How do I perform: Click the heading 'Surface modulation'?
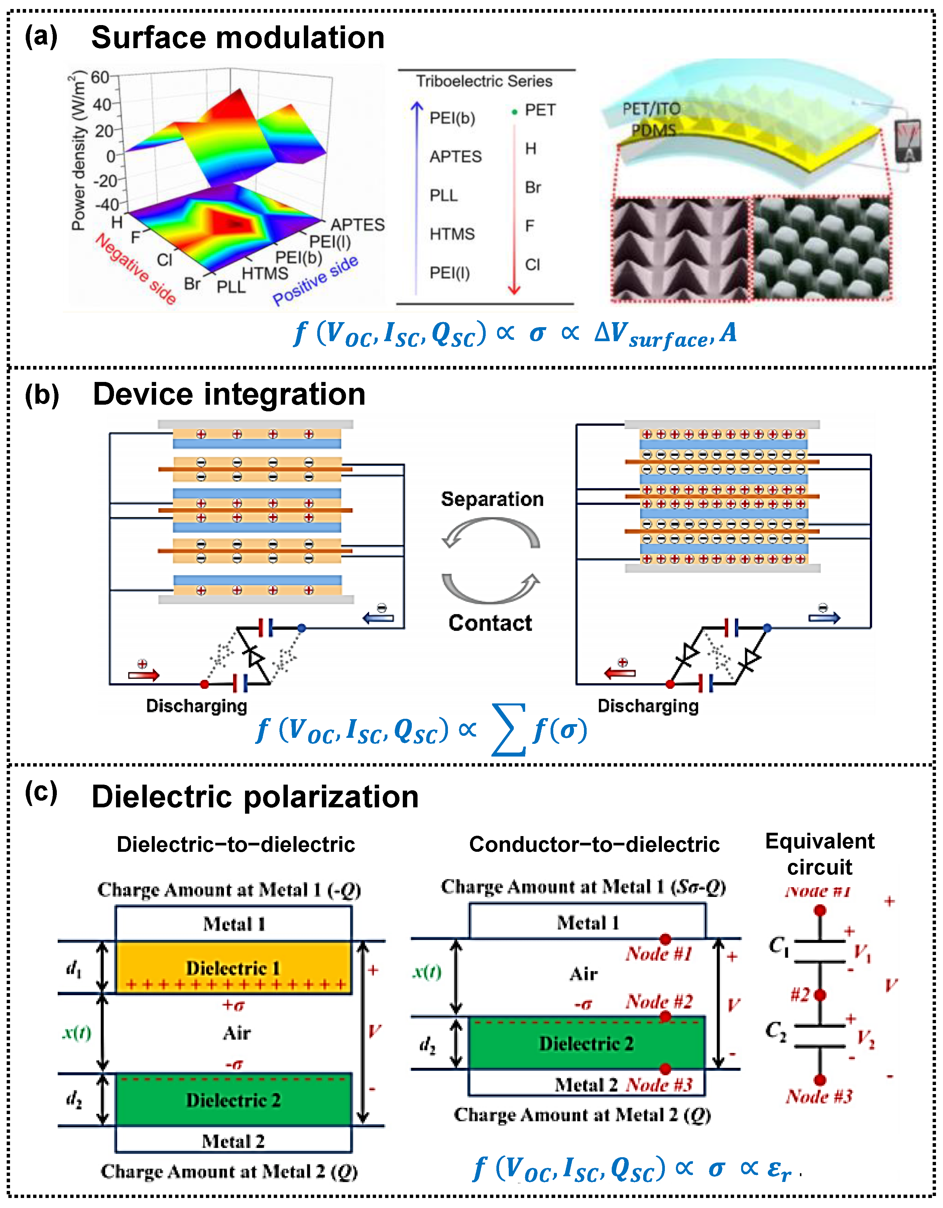coord(238,38)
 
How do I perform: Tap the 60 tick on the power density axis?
coord(100,78)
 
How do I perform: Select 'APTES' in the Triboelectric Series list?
coord(455,156)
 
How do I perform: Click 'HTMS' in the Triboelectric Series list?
coord(452,234)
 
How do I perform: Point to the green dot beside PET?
coord(515,112)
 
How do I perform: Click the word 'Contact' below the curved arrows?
coord(490,623)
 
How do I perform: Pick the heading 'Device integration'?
coord(229,394)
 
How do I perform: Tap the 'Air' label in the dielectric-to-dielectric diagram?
coord(237,1033)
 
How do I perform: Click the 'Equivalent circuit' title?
coord(820,853)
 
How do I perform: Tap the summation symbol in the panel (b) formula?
coord(508,730)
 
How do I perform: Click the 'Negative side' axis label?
coord(136,268)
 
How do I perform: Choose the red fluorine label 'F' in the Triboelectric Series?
coord(529,226)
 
